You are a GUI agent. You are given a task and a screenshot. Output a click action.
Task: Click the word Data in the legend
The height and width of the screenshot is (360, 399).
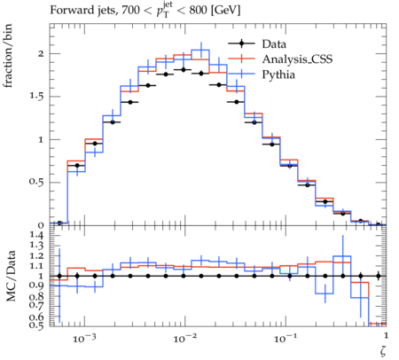click(274, 44)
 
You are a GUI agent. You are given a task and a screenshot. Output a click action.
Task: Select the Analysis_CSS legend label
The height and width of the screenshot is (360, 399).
click(297, 59)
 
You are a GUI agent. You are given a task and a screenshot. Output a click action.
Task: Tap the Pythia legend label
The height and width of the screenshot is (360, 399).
click(278, 74)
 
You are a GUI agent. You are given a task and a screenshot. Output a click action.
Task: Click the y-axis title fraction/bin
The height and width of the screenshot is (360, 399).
click(8, 56)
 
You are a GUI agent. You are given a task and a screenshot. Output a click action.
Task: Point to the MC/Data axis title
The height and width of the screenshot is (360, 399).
click(11, 277)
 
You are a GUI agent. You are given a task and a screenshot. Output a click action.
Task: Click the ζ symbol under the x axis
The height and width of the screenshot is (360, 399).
click(383, 350)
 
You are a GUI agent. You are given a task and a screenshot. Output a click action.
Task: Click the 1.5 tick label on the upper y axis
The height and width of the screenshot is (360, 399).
click(36, 97)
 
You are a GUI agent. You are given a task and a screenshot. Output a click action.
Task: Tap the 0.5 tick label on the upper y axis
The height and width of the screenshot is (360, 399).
click(36, 181)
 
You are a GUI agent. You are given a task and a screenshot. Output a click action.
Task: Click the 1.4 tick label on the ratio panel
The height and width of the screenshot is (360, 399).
click(36, 236)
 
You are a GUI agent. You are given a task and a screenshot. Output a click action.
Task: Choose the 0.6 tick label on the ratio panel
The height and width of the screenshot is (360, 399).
click(36, 317)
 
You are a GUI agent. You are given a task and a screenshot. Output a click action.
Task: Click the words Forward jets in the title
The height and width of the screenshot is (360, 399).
click(82, 11)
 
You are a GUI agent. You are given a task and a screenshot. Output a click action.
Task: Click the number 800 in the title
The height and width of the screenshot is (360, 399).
click(198, 11)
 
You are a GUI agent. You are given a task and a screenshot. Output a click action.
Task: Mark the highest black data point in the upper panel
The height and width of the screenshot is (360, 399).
click(184, 70)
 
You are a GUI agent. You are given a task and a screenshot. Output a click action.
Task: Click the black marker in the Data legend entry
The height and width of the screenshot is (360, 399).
click(241, 43)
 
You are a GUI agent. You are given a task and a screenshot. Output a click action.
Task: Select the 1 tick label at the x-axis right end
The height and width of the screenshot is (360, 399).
click(386, 335)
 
